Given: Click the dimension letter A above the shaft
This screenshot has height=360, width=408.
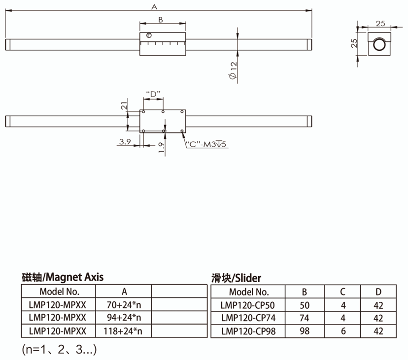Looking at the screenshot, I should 154,7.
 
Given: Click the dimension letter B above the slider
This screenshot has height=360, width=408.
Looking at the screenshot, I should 161,20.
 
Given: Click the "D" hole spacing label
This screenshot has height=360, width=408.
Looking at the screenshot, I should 153,94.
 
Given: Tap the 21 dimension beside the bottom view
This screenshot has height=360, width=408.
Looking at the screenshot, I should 124,105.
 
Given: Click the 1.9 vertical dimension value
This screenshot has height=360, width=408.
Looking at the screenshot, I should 161,148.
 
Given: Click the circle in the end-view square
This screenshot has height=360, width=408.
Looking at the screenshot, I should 379,45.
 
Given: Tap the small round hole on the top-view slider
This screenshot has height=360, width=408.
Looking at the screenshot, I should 149,35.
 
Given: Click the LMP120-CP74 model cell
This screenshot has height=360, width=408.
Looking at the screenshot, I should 249,318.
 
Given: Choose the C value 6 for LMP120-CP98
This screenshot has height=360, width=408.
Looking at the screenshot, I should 343,331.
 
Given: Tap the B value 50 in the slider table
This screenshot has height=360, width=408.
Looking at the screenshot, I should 304,305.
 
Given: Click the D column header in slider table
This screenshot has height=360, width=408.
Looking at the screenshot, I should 378,292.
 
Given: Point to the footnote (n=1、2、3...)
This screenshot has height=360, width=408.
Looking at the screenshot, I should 59,351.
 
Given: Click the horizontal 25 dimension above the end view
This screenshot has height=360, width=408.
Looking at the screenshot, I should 380,23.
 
